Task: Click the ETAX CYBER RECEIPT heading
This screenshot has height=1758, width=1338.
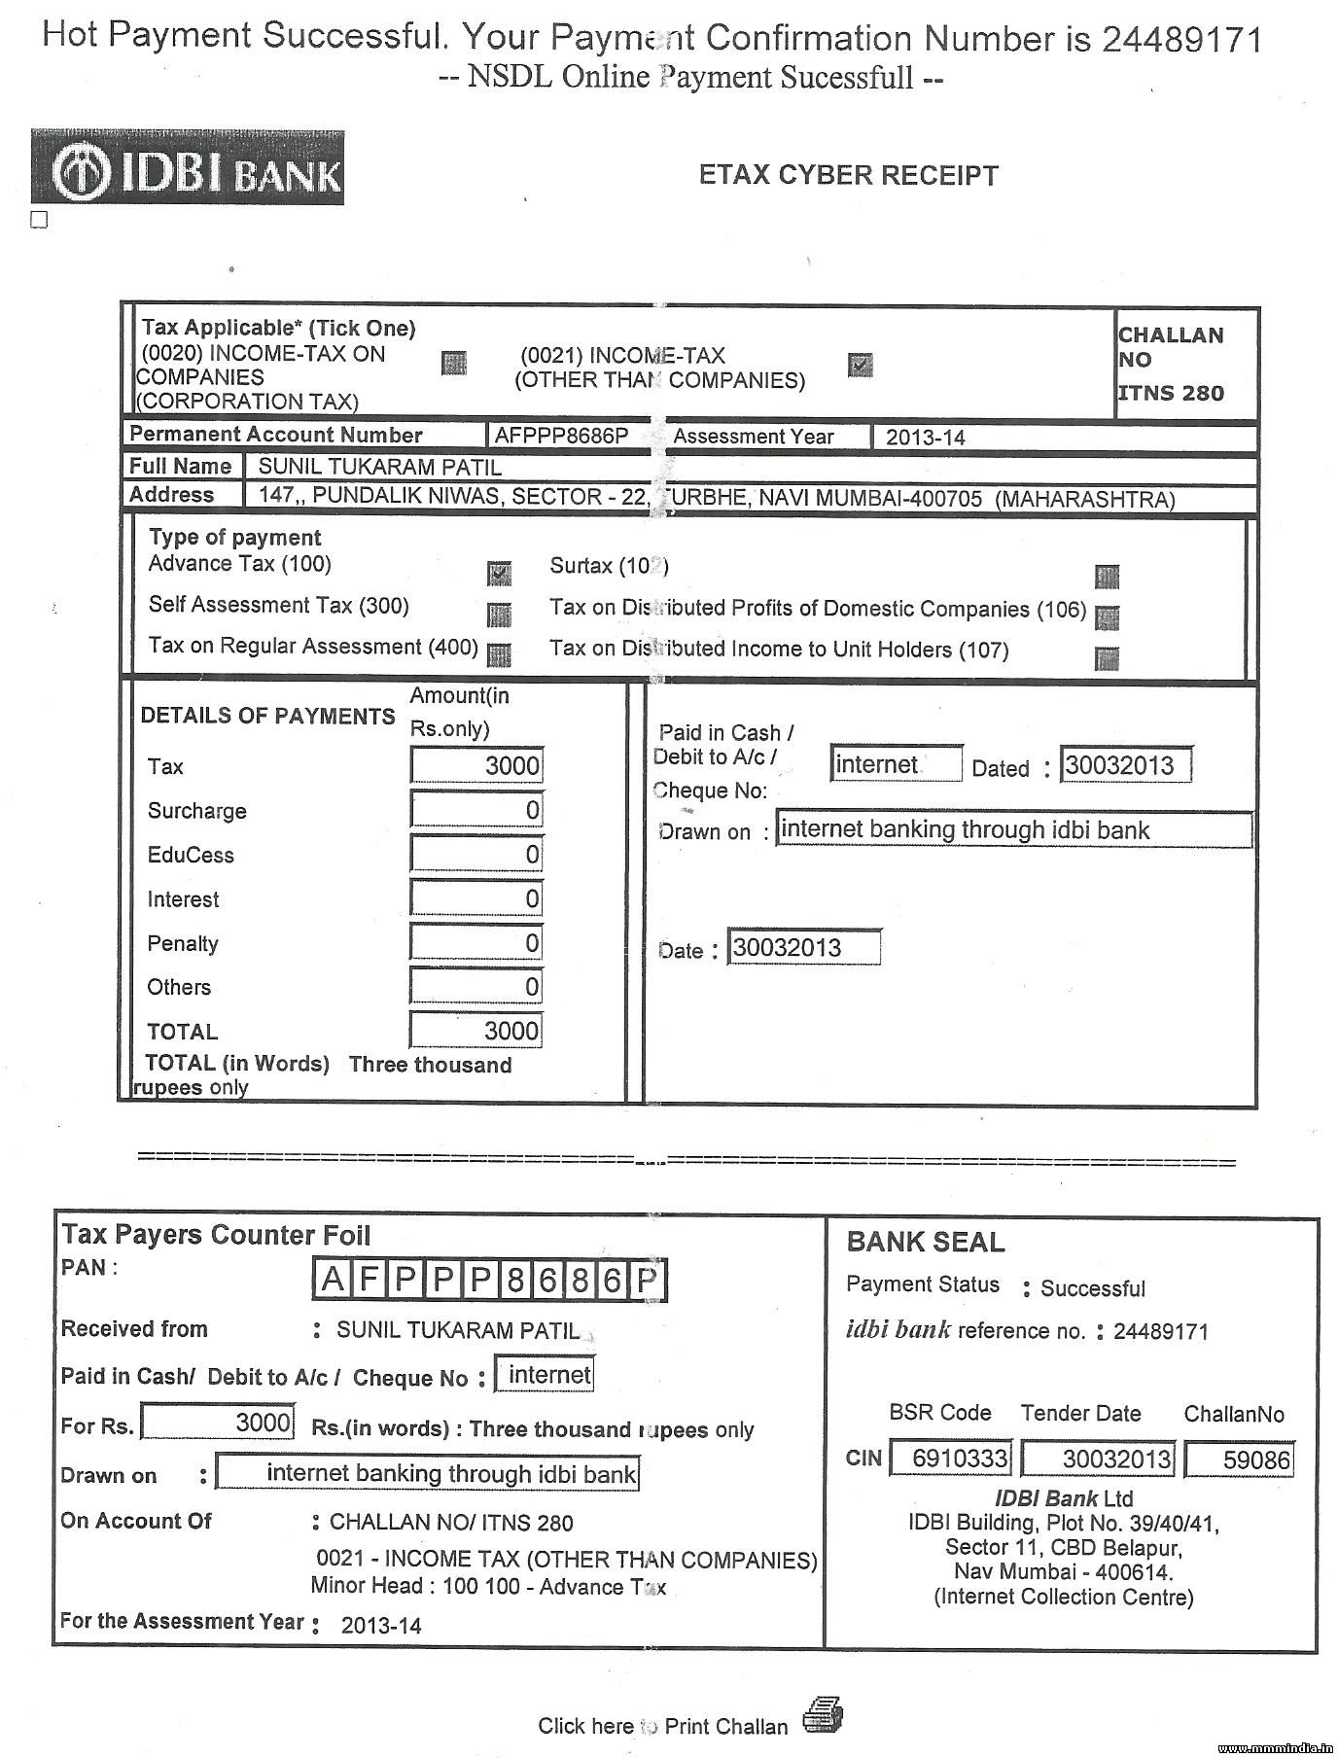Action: click(848, 176)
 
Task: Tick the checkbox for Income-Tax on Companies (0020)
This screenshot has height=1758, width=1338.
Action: click(453, 364)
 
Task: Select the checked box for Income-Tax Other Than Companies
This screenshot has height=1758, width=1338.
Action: click(860, 365)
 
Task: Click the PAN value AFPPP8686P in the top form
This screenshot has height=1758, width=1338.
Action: click(562, 436)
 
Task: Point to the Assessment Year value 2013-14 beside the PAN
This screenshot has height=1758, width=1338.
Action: click(925, 438)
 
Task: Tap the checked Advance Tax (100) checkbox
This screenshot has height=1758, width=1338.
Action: click(499, 573)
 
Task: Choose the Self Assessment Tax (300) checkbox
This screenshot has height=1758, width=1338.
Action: click(499, 614)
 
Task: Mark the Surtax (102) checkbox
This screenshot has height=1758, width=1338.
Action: click(1107, 577)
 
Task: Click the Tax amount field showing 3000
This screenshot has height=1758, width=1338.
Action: click(476, 765)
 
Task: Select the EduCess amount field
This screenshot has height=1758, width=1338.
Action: click(476, 855)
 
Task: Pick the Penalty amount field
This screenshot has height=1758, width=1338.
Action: click(476, 943)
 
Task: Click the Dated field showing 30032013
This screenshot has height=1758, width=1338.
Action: click(1125, 765)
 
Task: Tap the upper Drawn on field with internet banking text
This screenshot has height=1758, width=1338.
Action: click(1013, 830)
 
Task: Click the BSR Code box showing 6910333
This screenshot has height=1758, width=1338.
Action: click(951, 1459)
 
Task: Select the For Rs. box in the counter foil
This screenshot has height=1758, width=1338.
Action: click(218, 1424)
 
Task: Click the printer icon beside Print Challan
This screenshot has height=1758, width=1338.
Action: click(823, 1716)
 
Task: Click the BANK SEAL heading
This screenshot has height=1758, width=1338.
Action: click(925, 1243)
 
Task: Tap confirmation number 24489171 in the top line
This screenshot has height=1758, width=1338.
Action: click(1181, 40)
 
